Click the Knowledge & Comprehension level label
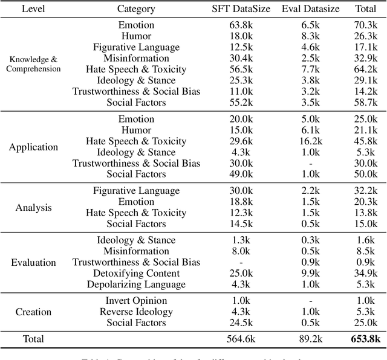point(33,64)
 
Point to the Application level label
point(33,147)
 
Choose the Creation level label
point(33,312)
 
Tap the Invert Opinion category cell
point(136,301)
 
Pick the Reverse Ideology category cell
point(136,312)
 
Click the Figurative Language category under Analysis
point(136,191)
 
